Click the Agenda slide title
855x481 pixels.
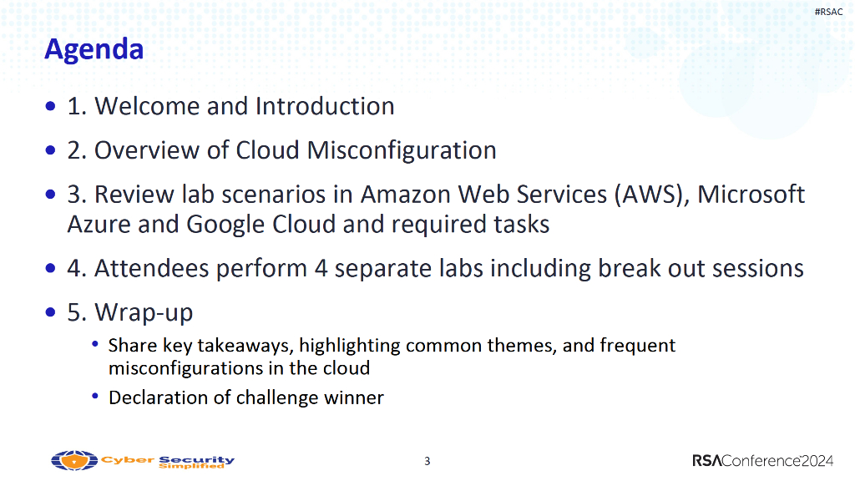pos(94,50)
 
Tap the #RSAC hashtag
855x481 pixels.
pos(828,12)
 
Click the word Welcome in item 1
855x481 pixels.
pos(147,106)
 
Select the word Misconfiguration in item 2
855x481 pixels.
pos(402,151)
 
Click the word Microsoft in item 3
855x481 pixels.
pos(751,194)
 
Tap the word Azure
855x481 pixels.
pos(99,224)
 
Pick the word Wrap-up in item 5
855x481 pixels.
pos(144,313)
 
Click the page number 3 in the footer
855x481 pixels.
pos(427,461)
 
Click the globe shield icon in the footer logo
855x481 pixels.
pos(74,460)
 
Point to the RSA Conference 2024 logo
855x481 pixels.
pos(763,461)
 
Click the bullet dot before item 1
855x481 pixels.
pos(51,106)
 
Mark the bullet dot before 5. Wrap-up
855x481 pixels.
pos(51,312)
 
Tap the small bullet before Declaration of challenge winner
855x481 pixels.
pos(95,396)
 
